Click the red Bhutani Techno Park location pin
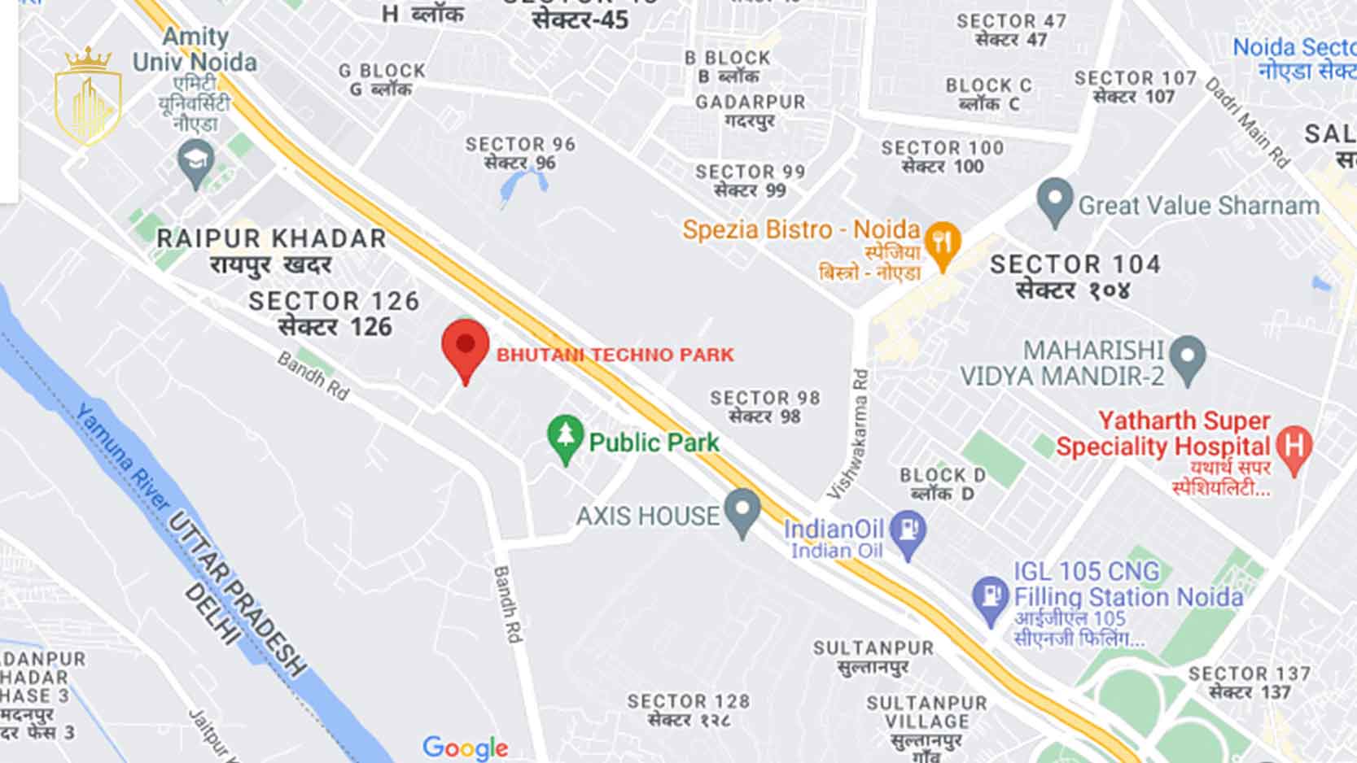465,347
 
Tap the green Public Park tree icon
565,437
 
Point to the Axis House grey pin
742,510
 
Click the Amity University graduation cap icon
195,161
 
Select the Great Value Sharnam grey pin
1055,200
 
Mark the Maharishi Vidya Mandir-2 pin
1188,358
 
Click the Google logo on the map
465,747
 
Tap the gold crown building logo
87,98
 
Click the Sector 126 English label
334,301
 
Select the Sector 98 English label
764,398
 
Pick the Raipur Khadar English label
271,238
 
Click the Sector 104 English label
1075,264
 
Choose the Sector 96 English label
520,144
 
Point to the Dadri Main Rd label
1247,122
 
